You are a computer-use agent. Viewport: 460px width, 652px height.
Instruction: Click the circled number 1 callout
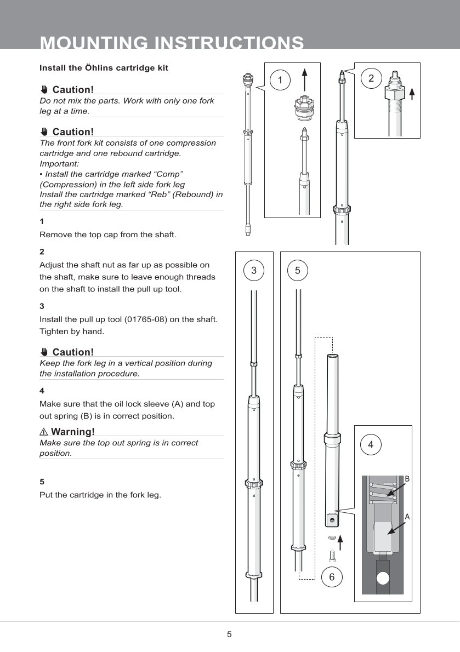(281, 81)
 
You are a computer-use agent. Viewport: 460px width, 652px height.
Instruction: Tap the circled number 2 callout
(371, 78)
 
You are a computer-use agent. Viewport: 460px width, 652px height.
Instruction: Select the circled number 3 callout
(254, 270)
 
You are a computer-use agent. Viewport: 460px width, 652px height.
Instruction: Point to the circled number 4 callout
(371, 444)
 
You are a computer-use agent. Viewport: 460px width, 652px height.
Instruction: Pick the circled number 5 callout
(297, 270)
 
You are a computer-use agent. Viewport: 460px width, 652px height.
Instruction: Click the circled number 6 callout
(332, 577)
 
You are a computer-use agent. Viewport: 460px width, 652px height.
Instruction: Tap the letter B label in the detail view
(407, 479)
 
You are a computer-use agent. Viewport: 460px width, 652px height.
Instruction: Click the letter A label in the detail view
(407, 516)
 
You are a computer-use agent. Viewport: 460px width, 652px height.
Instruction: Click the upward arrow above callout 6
(340, 543)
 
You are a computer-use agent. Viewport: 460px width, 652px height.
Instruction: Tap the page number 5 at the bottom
(229, 634)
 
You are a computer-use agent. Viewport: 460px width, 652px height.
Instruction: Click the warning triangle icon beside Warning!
(43, 432)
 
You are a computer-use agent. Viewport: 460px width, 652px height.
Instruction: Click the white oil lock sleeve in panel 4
(383, 536)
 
